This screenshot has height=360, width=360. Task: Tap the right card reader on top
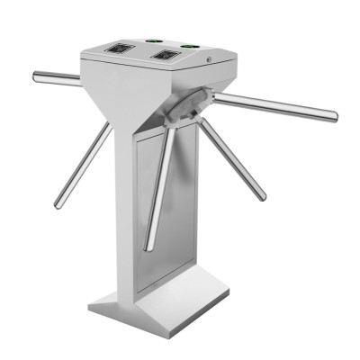click(166, 55)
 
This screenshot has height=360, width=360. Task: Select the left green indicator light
click(149, 39)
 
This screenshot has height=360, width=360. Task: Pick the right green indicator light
click(189, 45)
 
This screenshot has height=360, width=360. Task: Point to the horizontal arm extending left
click(56, 76)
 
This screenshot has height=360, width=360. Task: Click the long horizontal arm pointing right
click(274, 104)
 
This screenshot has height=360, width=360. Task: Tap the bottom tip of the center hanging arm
click(148, 247)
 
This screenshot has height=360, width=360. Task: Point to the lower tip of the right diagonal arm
click(262, 195)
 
